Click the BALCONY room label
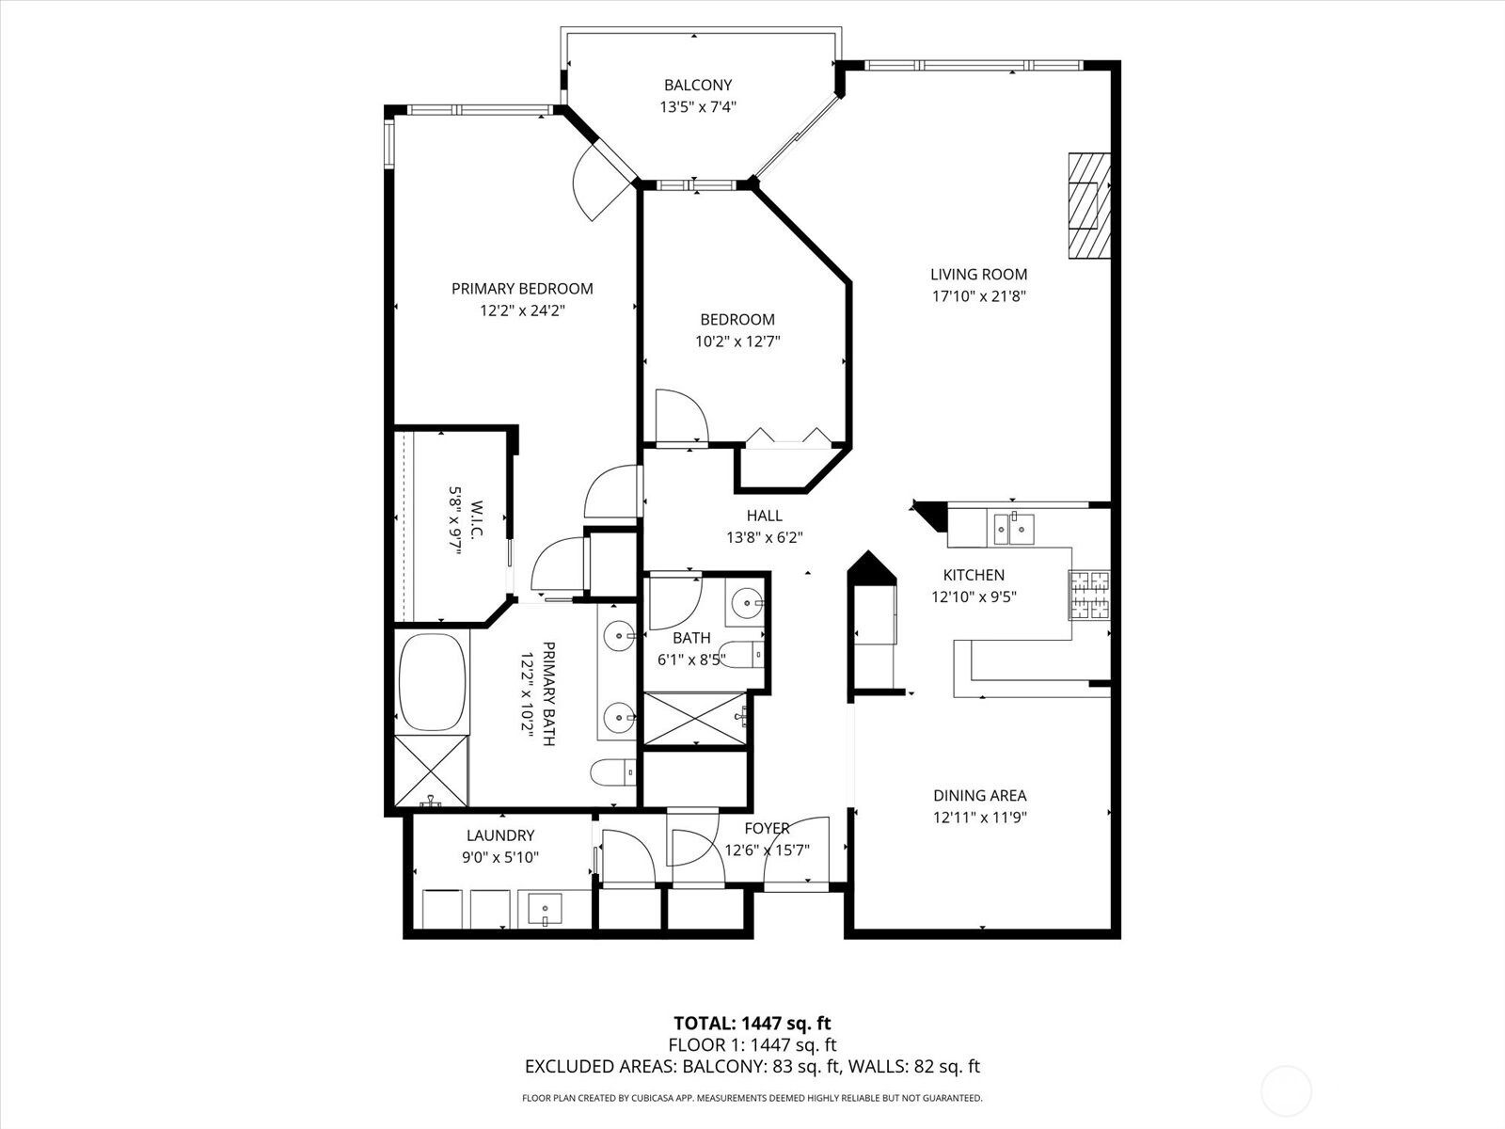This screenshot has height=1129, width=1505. click(x=697, y=85)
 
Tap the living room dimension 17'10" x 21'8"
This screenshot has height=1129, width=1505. click(x=978, y=296)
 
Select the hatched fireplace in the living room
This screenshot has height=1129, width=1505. click(x=1088, y=206)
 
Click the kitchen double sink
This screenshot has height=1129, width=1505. click(x=1010, y=528)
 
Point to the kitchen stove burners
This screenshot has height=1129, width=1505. click(x=1090, y=595)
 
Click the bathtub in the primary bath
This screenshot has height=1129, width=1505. click(x=433, y=682)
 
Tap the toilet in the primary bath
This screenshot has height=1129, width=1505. click(x=613, y=771)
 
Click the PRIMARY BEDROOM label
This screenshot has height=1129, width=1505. click(x=522, y=289)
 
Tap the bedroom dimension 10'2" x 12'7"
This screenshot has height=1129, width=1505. click(x=737, y=341)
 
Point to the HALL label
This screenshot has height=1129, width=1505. click(x=764, y=516)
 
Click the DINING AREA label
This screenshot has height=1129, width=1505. click(x=980, y=795)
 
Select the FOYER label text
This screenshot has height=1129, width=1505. click(x=768, y=828)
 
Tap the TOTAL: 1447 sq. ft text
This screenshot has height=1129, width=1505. click(x=752, y=1023)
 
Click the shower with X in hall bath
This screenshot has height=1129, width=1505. click(x=695, y=718)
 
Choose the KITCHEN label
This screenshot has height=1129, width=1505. click(x=974, y=575)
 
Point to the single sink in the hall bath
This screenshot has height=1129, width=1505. click(x=745, y=603)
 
